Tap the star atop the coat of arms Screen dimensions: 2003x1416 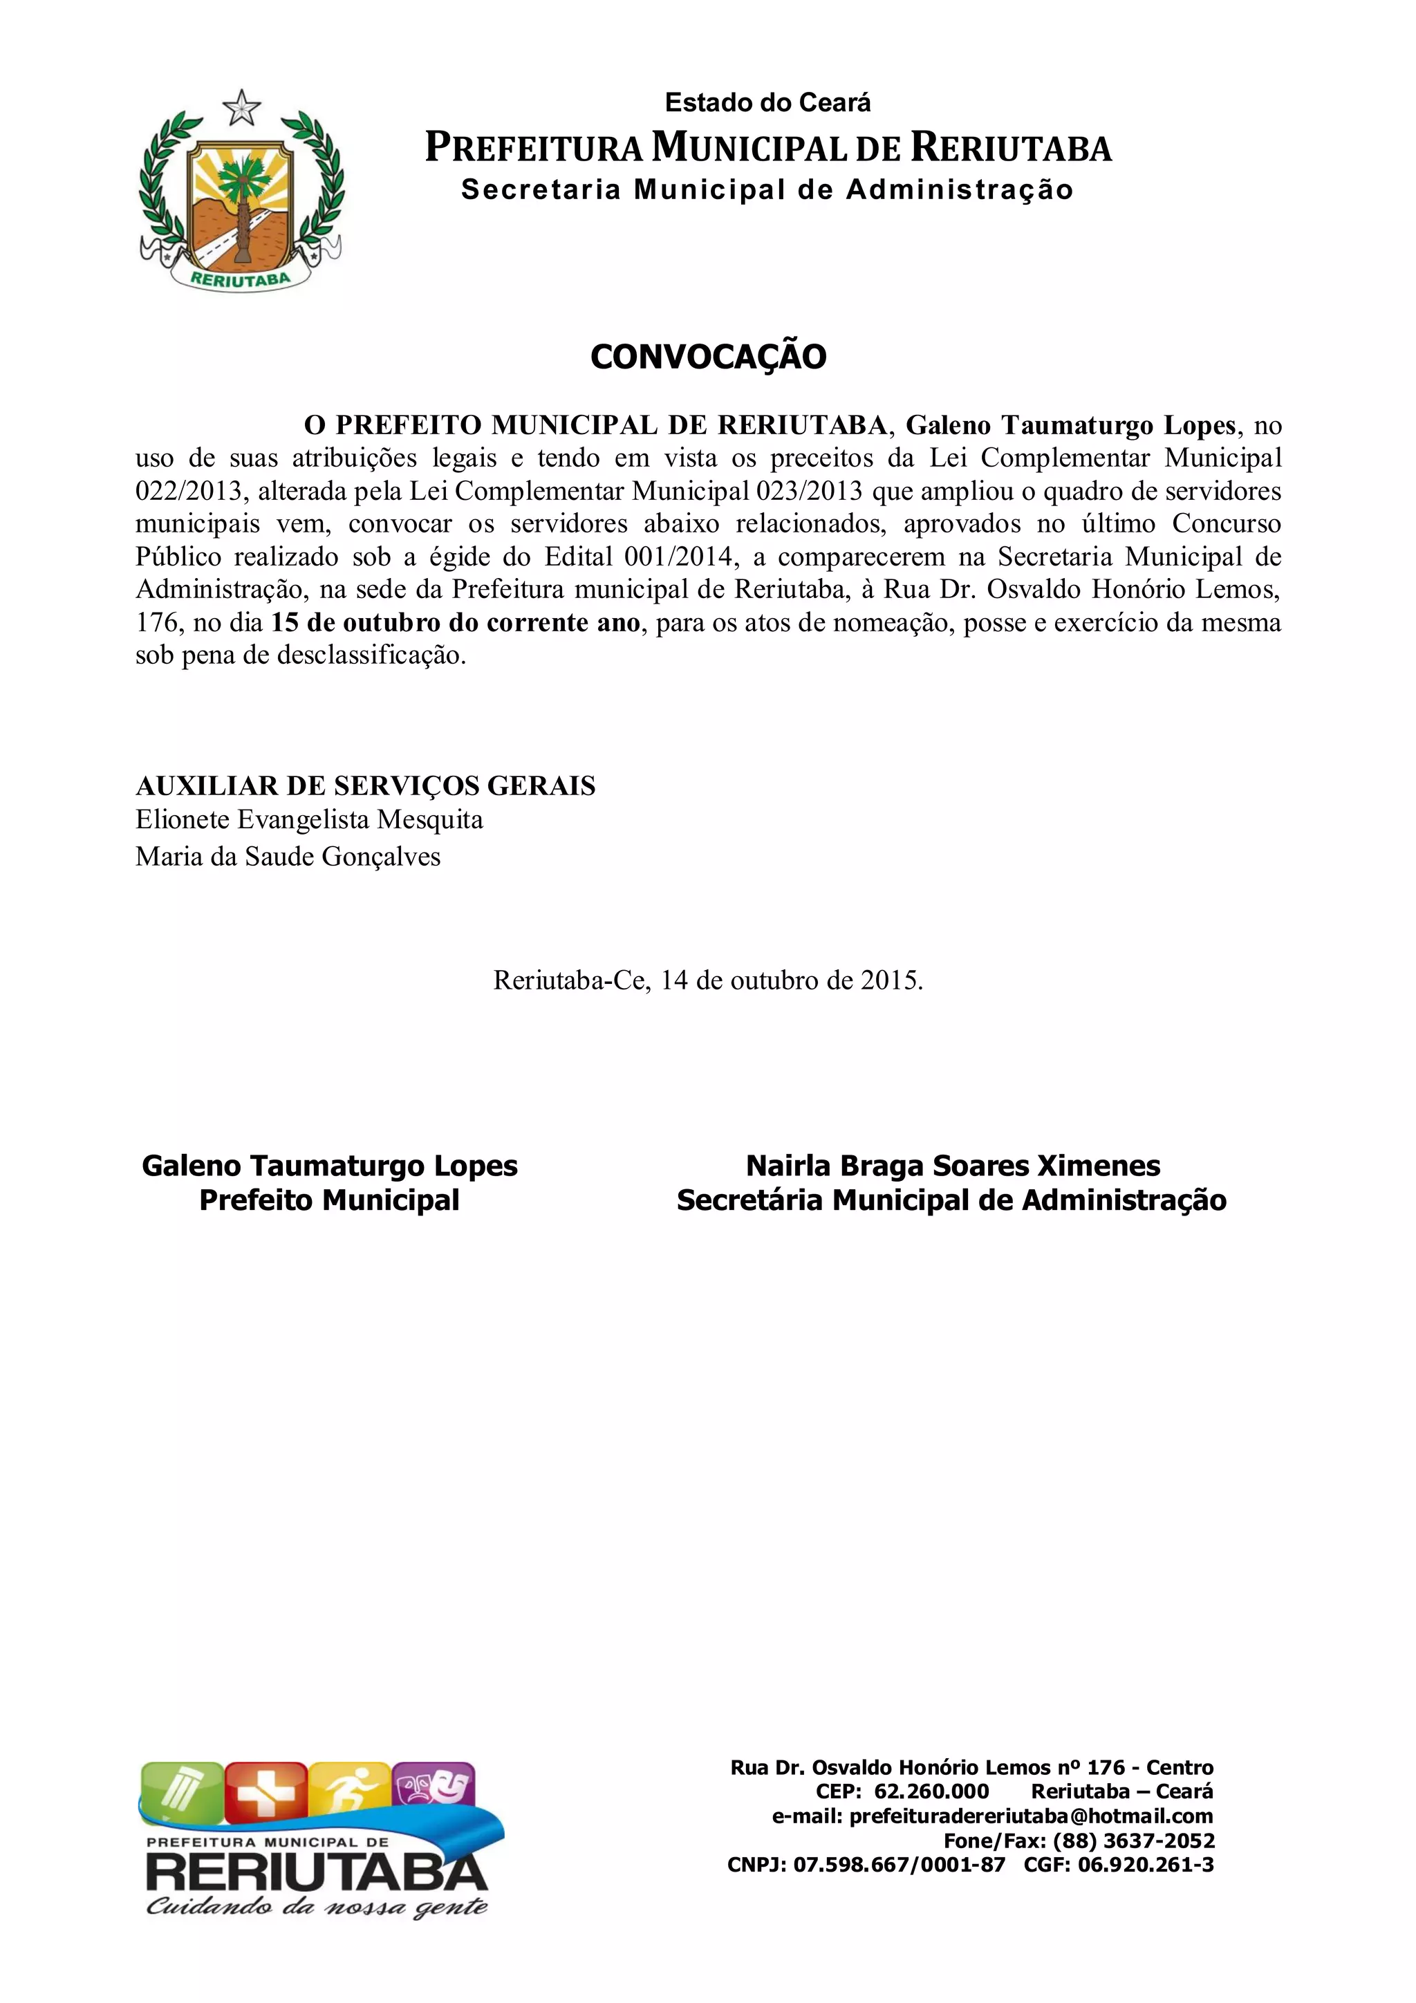pos(242,108)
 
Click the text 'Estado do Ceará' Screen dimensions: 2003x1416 pos(767,103)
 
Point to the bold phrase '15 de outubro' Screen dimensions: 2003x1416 pos(356,623)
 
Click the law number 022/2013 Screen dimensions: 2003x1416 pos(187,491)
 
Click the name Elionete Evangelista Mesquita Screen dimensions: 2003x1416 pos(309,820)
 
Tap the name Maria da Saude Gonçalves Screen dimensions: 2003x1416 pos(288,857)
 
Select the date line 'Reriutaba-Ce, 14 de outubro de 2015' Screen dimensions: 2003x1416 pos(707,980)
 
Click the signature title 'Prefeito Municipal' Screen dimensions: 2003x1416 pos(329,1200)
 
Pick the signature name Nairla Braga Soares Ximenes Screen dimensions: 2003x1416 pos(953,1166)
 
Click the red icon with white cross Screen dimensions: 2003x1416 pos(266,1791)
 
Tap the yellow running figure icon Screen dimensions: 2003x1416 pos(349,1791)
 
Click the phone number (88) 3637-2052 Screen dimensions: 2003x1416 pos(1133,1865)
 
